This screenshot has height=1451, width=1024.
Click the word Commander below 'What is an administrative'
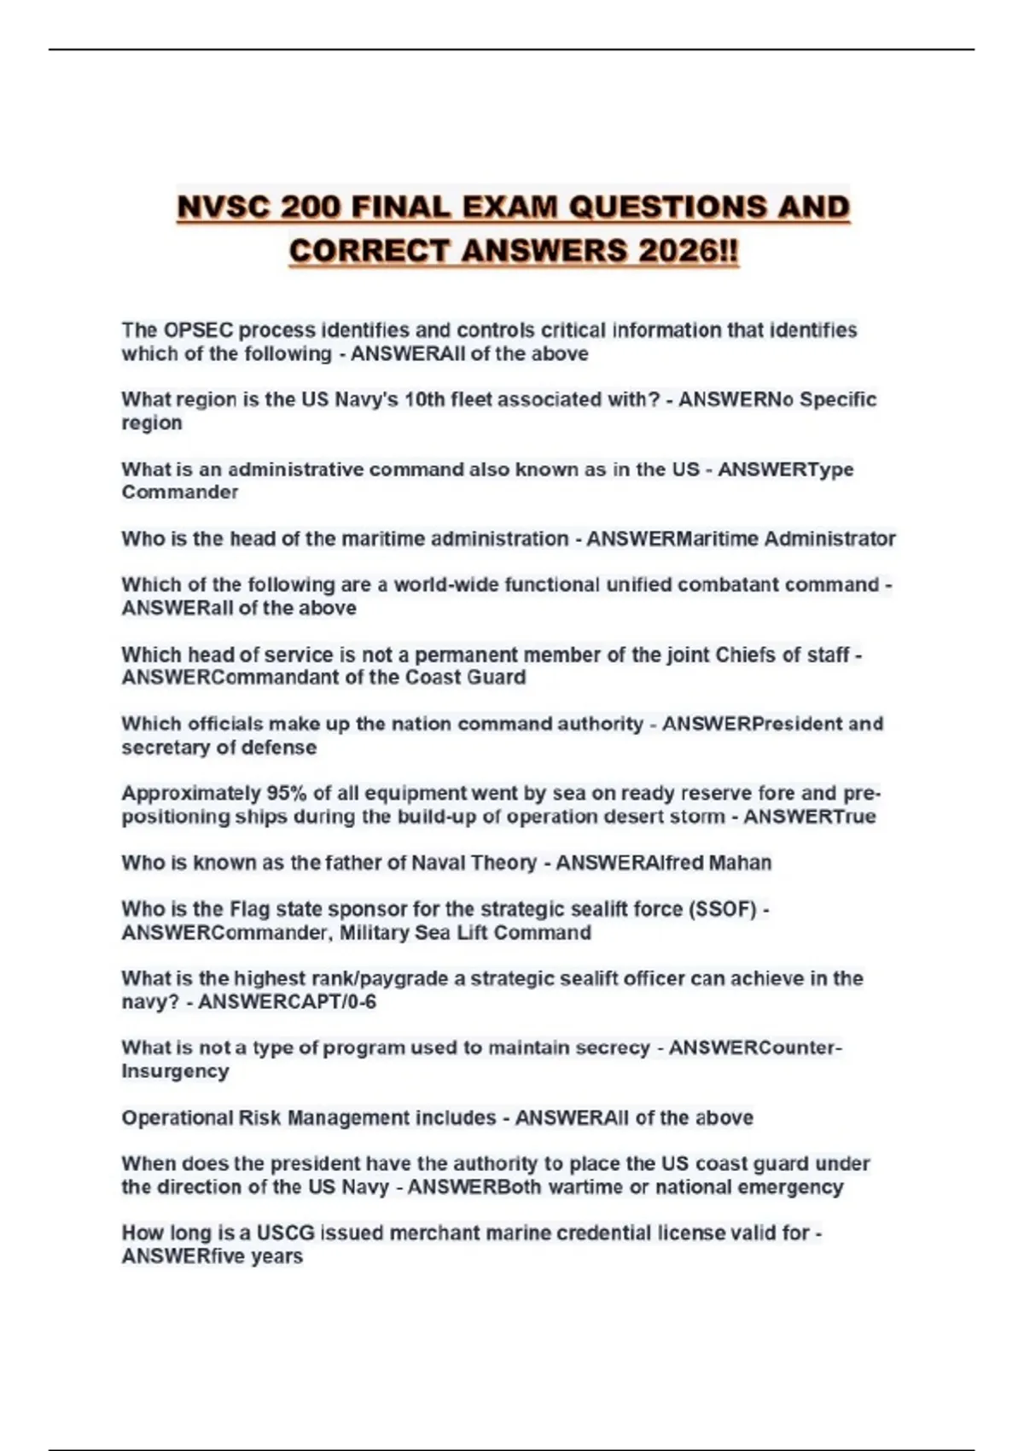point(179,492)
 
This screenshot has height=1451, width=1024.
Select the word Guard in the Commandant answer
point(498,678)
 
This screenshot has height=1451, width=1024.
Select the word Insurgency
point(175,1071)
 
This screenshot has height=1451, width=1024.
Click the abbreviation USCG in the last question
point(286,1233)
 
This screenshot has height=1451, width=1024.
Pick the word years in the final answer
point(276,1256)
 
